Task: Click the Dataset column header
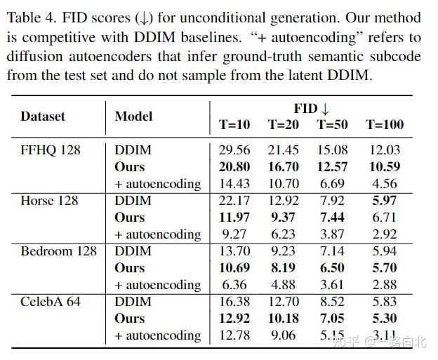click(42, 116)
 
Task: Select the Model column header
click(133, 116)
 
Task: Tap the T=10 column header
click(234, 125)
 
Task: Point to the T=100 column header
click(385, 125)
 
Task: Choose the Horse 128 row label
click(49, 201)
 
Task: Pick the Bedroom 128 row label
click(58, 251)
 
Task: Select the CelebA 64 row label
click(51, 302)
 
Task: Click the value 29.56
click(234, 150)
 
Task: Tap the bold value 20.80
click(234, 167)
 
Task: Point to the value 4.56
click(385, 184)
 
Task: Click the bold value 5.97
click(385, 201)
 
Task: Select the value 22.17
click(234, 201)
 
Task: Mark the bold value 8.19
click(283, 268)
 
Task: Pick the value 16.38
click(234, 302)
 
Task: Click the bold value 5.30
click(385, 319)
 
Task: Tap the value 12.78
click(234, 335)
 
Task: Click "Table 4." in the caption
click(34, 18)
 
